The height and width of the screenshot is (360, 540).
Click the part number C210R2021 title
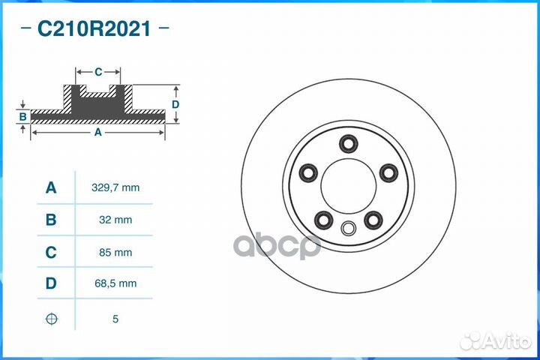[94, 29]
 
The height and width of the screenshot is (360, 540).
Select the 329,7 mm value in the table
[115, 187]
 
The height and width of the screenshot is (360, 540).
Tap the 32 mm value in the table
[115, 220]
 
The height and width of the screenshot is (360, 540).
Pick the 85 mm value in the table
[115, 253]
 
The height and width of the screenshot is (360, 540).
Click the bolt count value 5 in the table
[115, 319]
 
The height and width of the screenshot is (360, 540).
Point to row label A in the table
[51, 187]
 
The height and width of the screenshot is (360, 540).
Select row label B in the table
[51, 220]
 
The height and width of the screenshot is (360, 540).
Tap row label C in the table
[51, 253]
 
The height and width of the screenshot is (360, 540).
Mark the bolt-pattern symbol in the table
[51, 319]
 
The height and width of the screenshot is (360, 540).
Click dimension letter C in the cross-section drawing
[98, 72]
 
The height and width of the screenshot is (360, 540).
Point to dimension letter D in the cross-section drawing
[175, 104]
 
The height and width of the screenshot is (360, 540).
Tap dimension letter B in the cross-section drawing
[23, 116]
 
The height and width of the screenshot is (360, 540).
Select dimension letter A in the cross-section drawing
[97, 132]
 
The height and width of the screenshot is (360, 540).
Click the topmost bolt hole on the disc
[349, 143]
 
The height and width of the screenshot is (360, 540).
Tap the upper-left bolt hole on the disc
[308, 173]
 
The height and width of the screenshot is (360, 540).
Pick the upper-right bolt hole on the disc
[388, 173]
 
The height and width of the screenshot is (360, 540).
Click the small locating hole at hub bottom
[349, 229]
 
